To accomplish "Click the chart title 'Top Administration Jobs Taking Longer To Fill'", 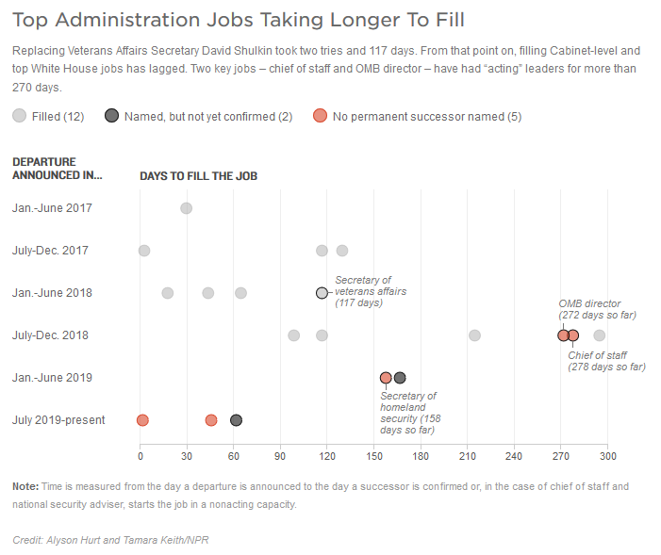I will click(238, 20).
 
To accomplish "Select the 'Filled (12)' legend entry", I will click(48, 117).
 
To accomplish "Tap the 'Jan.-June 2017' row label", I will click(53, 208).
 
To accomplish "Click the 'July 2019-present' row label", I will click(59, 420).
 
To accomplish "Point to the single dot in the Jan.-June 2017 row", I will click(186, 208).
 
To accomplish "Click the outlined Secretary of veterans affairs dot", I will click(322, 293).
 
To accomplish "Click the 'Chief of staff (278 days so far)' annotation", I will click(606, 361).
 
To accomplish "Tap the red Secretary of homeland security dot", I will click(386, 378).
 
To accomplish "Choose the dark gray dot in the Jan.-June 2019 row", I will click(400, 378).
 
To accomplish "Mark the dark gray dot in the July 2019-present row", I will click(236, 420).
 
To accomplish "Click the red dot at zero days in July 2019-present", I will click(142, 420).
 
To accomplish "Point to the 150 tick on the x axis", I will click(373, 456).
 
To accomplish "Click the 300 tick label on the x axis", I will click(606, 456).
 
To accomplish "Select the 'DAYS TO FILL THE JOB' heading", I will click(198, 176).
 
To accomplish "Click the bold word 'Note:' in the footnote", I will click(25, 486).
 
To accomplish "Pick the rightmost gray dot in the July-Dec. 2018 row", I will click(599, 335).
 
